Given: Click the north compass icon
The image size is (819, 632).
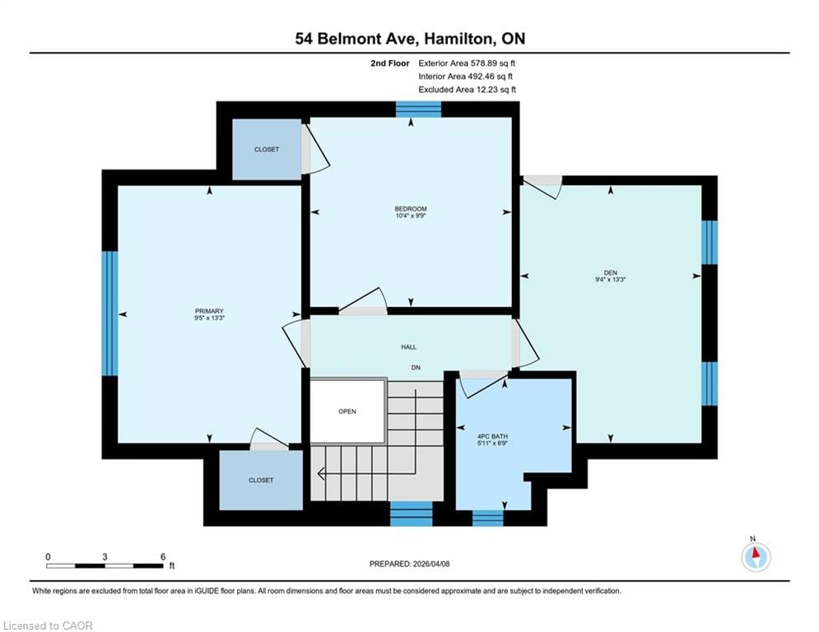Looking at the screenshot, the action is [756, 557].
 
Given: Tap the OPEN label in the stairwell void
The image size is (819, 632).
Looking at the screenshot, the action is [347, 411].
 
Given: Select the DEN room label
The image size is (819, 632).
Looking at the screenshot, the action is [611, 272].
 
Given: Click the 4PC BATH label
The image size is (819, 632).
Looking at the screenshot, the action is [492, 436].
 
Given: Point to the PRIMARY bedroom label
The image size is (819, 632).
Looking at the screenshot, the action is [209, 311].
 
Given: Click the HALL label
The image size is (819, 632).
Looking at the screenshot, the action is [409, 346].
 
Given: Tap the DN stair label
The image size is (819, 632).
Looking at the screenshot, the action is [416, 368].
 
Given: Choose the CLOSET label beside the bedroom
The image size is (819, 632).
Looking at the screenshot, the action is [267, 150].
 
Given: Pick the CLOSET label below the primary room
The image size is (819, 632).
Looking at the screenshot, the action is [261, 480].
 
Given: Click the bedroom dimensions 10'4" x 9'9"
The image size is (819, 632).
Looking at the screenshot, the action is [411, 216].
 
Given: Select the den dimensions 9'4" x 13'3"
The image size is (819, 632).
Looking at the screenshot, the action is [611, 280].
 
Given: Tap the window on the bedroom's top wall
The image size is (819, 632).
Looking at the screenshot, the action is [418, 109].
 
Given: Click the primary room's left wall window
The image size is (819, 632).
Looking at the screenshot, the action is [109, 314].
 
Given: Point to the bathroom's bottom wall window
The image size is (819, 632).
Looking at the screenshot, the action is [488, 518].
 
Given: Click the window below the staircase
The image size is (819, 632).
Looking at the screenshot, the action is [412, 514].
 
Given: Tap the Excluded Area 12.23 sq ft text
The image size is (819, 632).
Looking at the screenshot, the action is [467, 90].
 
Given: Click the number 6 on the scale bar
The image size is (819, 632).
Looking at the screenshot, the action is [163, 557].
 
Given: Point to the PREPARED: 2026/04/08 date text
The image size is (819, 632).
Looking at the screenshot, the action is [410, 564].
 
